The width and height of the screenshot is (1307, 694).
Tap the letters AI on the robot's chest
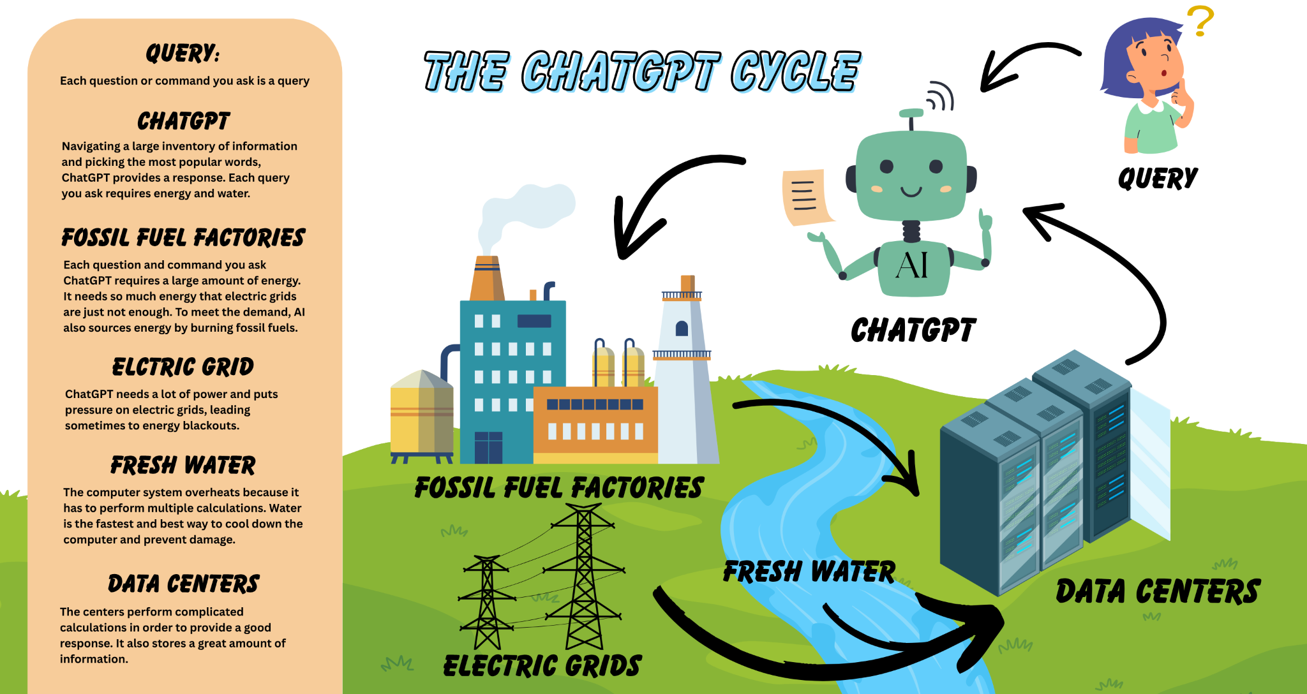(x=911, y=265)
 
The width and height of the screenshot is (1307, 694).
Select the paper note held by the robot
(x=805, y=196)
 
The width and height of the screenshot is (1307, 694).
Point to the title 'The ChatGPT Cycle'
(x=641, y=71)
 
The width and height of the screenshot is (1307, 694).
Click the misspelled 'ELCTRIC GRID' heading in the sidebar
(x=183, y=367)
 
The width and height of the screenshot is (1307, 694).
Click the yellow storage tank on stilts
(x=421, y=415)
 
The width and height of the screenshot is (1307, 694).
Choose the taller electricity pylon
(x=584, y=574)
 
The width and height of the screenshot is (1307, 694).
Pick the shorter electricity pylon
(x=487, y=603)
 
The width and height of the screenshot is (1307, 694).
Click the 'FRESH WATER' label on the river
(x=809, y=572)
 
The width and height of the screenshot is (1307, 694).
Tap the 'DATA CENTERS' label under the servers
(x=1158, y=592)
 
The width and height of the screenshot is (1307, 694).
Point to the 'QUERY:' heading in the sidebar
(x=183, y=54)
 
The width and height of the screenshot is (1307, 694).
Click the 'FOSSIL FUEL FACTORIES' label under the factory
(x=559, y=488)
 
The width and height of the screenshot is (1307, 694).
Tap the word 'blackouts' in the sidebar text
(x=211, y=426)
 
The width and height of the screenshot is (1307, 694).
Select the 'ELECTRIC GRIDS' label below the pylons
(x=542, y=666)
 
